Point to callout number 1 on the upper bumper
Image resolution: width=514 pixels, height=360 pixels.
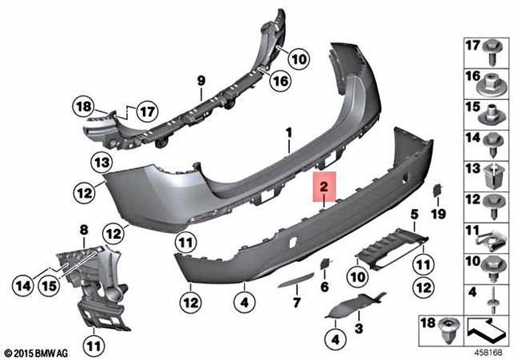[x=287, y=131]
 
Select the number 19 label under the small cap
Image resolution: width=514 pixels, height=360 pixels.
[x=438, y=214]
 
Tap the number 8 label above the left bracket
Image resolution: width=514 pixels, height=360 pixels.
[x=83, y=231]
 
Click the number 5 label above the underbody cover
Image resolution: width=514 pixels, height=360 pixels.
[x=414, y=214]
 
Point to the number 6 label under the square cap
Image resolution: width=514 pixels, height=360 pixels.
[x=325, y=286]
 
